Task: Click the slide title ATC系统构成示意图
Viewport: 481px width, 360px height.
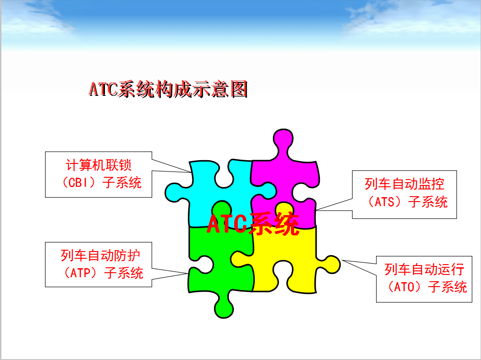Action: coord(168,89)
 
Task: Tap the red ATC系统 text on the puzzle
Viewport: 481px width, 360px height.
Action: coord(253,224)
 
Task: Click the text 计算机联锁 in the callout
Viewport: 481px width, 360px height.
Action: coord(99,165)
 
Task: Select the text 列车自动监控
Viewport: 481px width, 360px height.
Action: coord(404,184)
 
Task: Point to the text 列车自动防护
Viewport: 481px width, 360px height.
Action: coord(100,255)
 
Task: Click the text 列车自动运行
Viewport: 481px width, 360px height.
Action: coord(424,269)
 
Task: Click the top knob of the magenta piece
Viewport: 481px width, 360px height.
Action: coord(283,139)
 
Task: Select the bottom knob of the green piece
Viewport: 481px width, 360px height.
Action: coord(224,308)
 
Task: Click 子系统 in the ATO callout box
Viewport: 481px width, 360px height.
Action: coord(448,287)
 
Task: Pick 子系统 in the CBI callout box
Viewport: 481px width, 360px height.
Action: coord(122,183)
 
